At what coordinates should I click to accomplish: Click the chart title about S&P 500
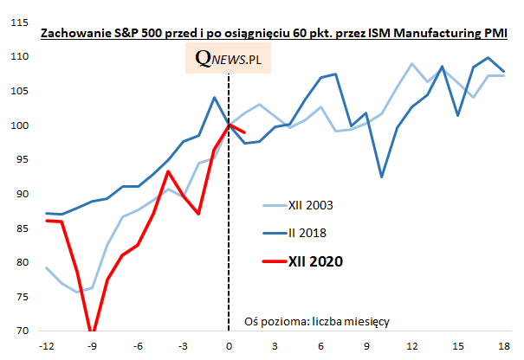[x=274, y=33]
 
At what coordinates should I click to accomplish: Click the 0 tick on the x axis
[x=229, y=346]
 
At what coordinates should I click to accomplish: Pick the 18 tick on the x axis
[x=503, y=346]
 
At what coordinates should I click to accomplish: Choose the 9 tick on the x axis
[x=366, y=346]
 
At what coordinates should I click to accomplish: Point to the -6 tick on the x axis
[x=138, y=346]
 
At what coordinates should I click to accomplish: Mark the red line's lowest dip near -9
[x=92, y=330]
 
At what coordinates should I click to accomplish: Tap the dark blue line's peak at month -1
[x=214, y=97]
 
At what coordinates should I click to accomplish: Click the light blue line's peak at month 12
[x=411, y=64]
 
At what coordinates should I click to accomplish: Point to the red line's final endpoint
[x=245, y=132]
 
